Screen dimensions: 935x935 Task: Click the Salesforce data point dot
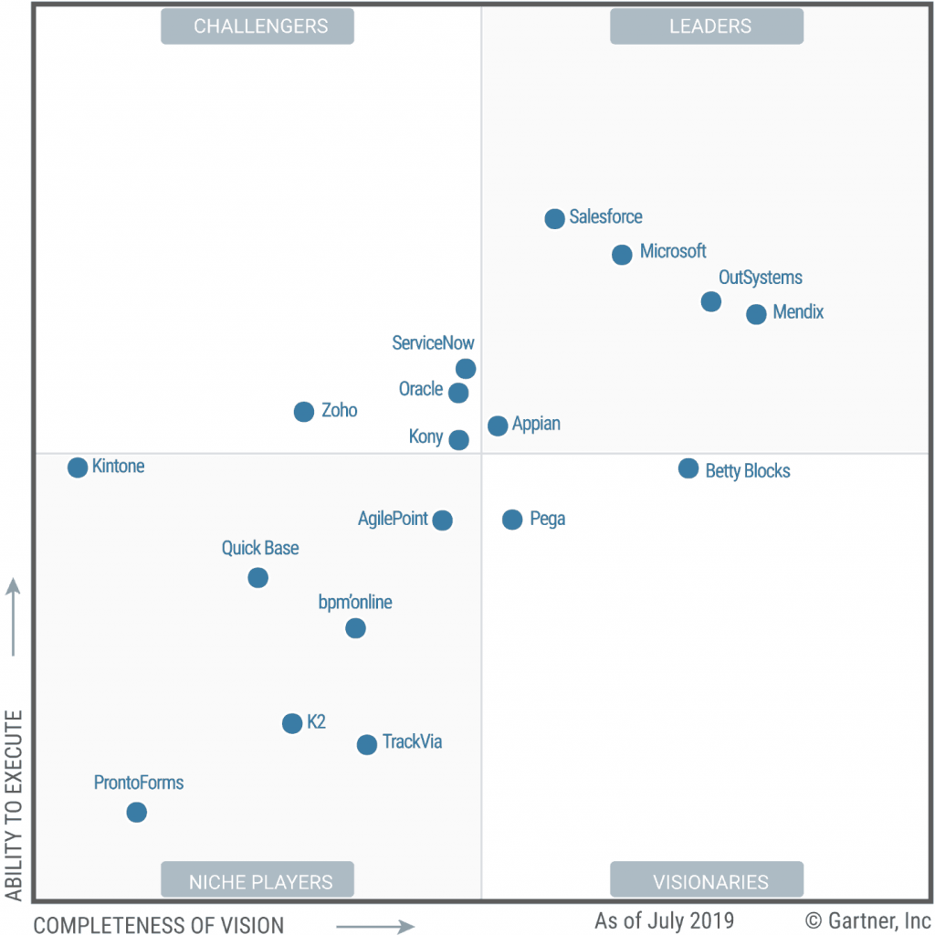tap(554, 218)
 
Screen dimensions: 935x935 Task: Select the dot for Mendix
tap(756, 314)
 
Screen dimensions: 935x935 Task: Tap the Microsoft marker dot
tap(622, 255)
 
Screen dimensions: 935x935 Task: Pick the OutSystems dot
tap(711, 301)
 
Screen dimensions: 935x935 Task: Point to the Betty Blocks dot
tap(688, 468)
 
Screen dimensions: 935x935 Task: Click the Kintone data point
tap(78, 467)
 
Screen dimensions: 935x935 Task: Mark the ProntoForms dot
tap(136, 812)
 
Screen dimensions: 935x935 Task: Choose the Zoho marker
tap(304, 412)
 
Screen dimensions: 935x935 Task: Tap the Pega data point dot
tap(512, 520)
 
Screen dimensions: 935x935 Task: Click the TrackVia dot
tap(366, 745)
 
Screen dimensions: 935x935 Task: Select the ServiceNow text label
tap(433, 343)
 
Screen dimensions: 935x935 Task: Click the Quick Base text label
tap(260, 549)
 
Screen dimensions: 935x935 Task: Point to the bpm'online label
tap(355, 603)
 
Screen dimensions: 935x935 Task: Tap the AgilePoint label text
tap(393, 519)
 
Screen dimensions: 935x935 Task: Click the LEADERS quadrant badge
tap(707, 26)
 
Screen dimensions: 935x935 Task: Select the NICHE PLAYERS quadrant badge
tap(257, 882)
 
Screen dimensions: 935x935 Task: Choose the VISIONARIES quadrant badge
tap(707, 882)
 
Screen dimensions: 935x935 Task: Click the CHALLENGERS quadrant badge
tap(257, 26)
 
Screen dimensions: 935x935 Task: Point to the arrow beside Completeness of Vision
tap(375, 927)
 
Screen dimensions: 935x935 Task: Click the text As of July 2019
tap(664, 919)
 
